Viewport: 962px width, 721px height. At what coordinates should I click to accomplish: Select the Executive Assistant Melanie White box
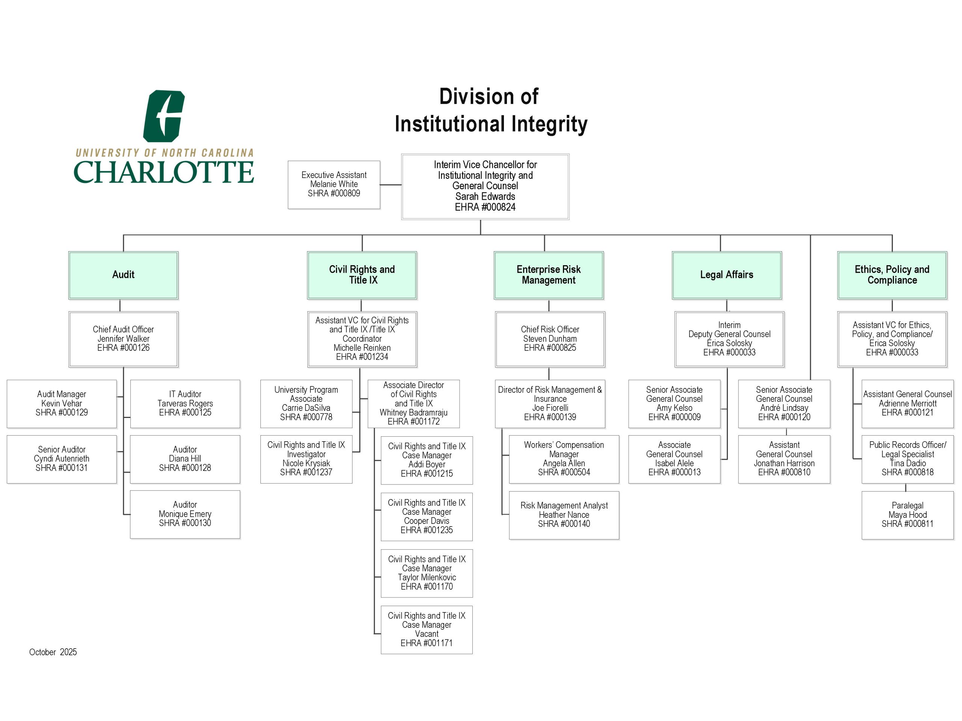coord(334,184)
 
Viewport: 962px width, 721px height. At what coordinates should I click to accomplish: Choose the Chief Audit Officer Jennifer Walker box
coord(123,339)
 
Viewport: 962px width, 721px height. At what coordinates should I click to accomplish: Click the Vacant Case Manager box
coord(426,629)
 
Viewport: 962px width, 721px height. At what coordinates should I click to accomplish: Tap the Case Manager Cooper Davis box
coord(426,516)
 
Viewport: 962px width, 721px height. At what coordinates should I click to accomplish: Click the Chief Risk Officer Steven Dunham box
coord(550,339)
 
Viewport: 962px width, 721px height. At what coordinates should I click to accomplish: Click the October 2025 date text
coord(53,652)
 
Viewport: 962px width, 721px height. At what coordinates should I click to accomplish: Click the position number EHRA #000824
coord(485,207)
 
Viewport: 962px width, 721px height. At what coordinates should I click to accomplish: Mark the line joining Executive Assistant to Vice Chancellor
coord(390,185)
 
